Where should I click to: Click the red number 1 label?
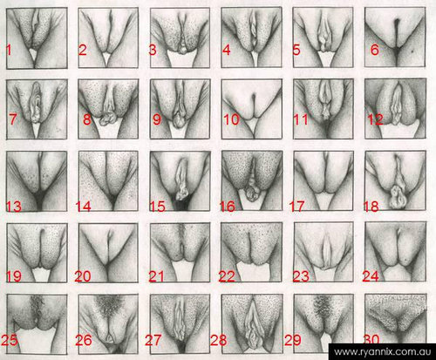click(x=9, y=50)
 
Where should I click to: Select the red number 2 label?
click(x=82, y=50)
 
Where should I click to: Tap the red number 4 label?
click(x=227, y=50)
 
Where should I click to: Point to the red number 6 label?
click(x=375, y=50)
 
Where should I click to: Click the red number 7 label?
click(x=13, y=119)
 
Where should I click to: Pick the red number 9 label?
click(x=157, y=119)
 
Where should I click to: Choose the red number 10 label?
click(x=231, y=119)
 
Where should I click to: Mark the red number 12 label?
click(x=375, y=119)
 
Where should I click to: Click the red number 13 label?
click(x=14, y=207)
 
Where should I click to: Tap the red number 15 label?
click(x=157, y=207)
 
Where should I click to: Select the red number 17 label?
click(x=296, y=207)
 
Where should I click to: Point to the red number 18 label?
click(x=371, y=207)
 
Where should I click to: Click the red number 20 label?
click(x=83, y=276)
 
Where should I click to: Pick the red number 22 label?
click(x=227, y=276)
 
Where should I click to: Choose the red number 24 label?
click(x=371, y=276)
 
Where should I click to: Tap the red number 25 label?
click(x=10, y=340)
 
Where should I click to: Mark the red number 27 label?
click(x=153, y=340)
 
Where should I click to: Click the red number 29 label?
click(x=293, y=340)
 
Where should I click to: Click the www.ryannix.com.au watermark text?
click(x=383, y=352)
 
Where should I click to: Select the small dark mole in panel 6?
click(x=412, y=51)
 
